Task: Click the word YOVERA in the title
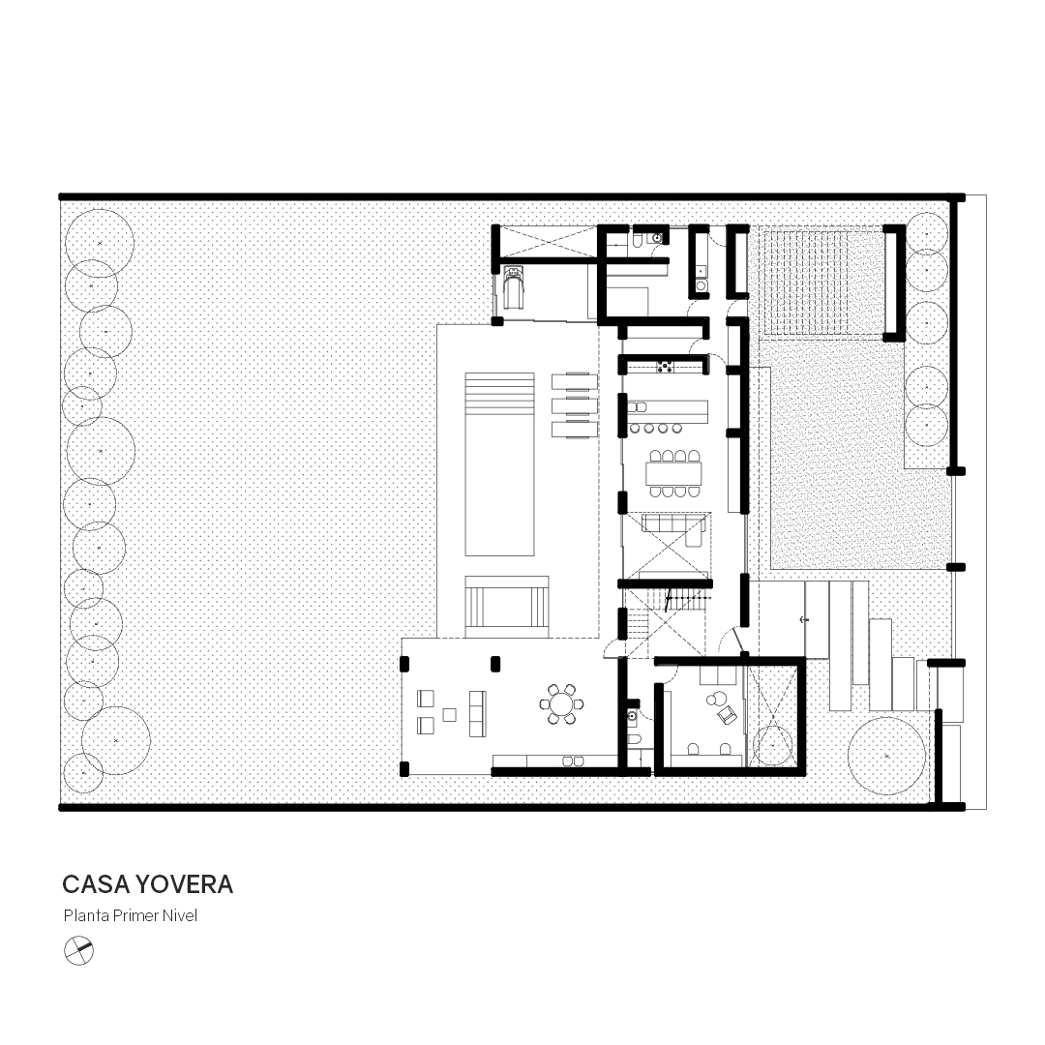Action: pos(185,884)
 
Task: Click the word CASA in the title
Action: pos(97,884)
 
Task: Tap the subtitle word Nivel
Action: pos(181,915)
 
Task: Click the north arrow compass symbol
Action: pos(78,951)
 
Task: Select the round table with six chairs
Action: pos(561,703)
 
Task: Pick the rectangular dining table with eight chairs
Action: pos(673,474)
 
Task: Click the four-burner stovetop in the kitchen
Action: pos(665,366)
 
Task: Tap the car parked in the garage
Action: pos(513,286)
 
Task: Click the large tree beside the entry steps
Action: pos(886,756)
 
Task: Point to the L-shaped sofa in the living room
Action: pos(674,528)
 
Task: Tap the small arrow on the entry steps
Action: pos(804,620)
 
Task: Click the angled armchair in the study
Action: pos(726,715)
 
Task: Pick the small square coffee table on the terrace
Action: pos(450,714)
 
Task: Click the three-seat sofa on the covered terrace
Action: pos(477,714)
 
